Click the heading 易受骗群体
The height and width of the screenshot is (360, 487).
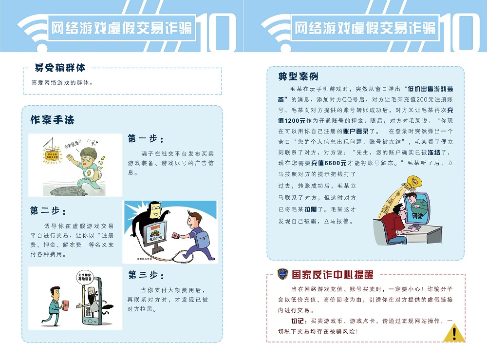click(x=60, y=68)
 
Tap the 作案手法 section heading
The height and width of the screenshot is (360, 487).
click(x=52, y=119)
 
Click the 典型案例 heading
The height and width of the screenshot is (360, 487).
click(x=298, y=77)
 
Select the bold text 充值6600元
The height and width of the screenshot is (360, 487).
click(x=329, y=163)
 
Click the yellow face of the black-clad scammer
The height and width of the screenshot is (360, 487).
click(x=155, y=212)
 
